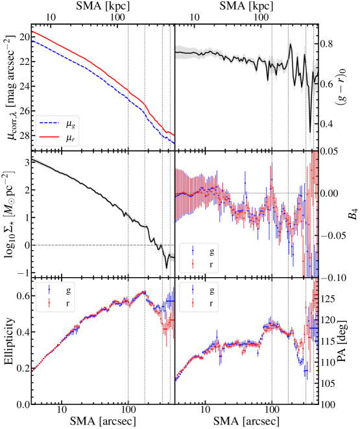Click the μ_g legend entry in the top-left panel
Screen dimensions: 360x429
pyautogui.click(x=57, y=125)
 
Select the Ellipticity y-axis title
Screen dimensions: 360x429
pyautogui.click(x=10, y=341)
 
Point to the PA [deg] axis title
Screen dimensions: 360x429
pyautogui.click(x=342, y=341)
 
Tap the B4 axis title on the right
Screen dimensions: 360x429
pyautogui.click(x=353, y=214)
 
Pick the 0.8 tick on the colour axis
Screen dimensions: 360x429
pyautogui.click(x=326, y=44)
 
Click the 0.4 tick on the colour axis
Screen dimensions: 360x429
pyautogui.click(x=326, y=124)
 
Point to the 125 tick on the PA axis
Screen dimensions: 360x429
pyautogui.click(x=328, y=299)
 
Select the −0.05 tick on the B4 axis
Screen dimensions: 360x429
pyautogui.click(x=333, y=236)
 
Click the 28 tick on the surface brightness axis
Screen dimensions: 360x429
pyautogui.click(x=25, y=136)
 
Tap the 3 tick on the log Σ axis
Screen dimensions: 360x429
pyautogui.click(x=27, y=162)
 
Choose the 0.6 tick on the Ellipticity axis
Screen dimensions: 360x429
pyautogui.click(x=23, y=296)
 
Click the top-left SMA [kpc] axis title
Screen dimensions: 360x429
pyautogui.click(x=102, y=6)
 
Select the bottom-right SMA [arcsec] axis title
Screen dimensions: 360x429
pyautogui.click(x=246, y=421)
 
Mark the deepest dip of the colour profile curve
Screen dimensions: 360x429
pyautogui.click(x=310, y=132)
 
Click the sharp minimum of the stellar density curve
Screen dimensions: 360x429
pyautogui.click(x=167, y=268)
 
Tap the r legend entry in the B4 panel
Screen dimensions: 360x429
pyautogui.click(x=202, y=264)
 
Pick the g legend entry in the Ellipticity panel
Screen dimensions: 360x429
pyautogui.click(x=58, y=290)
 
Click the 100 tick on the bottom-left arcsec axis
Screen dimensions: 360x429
pyautogui.click(x=128, y=410)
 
